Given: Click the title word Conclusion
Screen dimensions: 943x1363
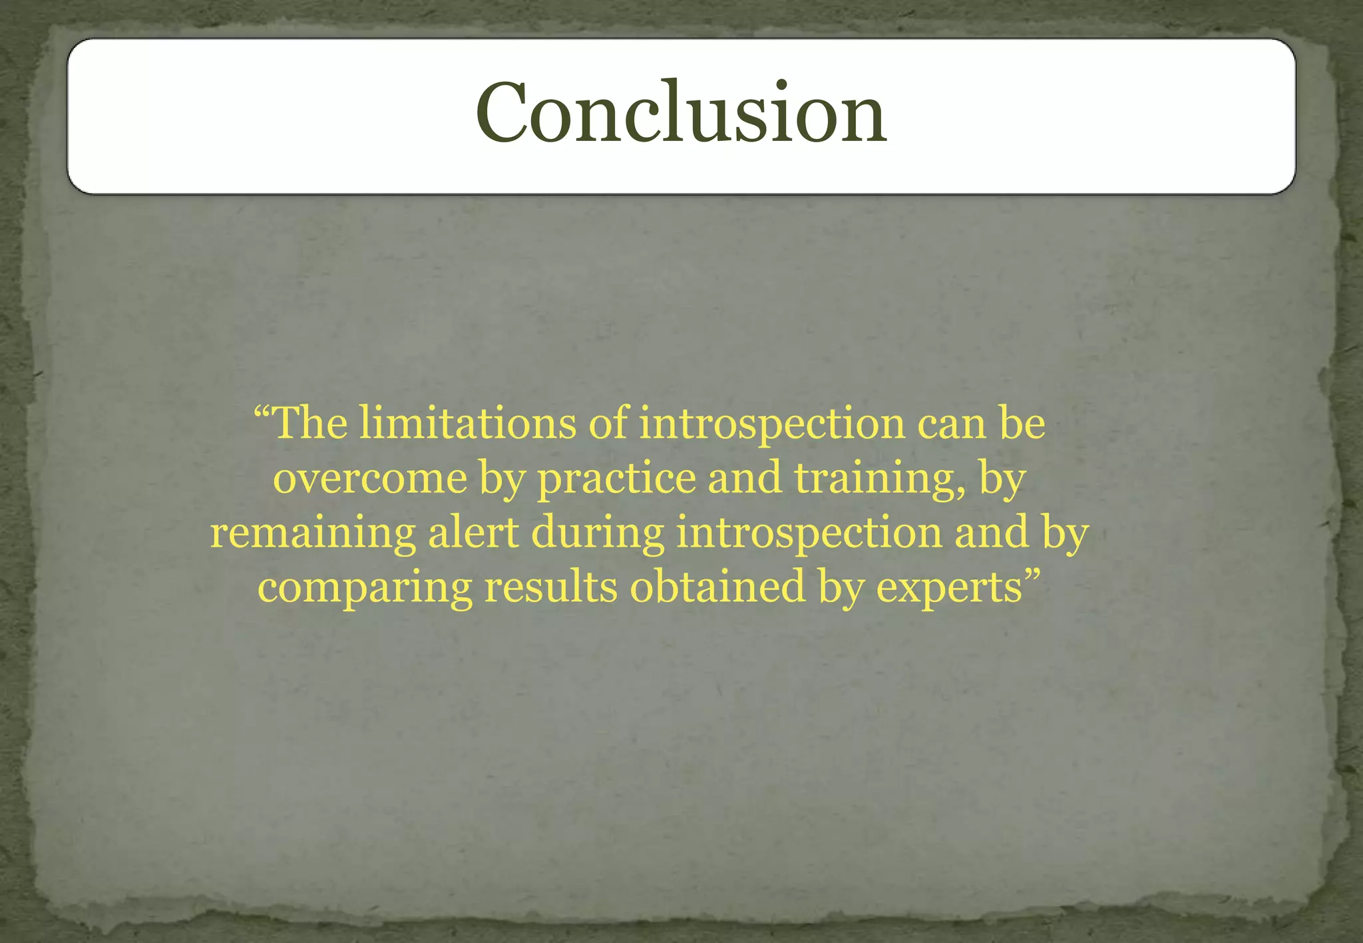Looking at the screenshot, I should [681, 112].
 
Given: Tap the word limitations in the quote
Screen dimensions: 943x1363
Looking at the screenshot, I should [468, 424].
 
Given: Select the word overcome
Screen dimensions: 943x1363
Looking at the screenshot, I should [370, 478].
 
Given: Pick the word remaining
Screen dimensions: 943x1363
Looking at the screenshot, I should [313, 533].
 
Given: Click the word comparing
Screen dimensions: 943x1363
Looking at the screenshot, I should [365, 588].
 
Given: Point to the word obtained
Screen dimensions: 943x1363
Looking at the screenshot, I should [717, 588].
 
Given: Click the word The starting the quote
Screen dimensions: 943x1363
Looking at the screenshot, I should [310, 424].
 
